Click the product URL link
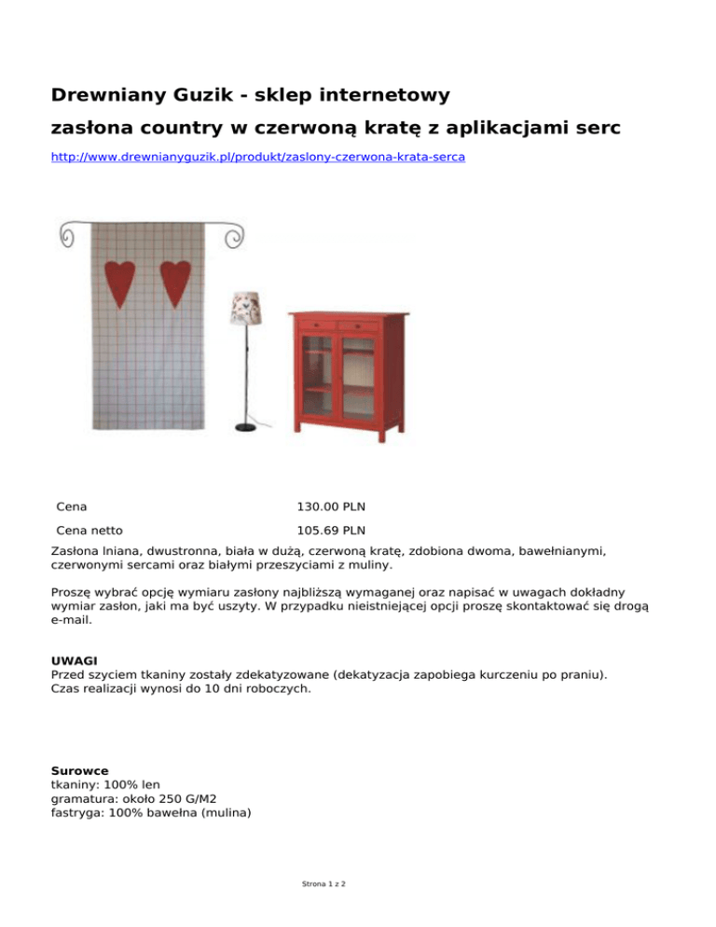pos(256,158)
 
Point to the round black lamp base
pos(245,427)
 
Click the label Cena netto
pos(89,533)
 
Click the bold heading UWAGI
pos(74,660)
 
